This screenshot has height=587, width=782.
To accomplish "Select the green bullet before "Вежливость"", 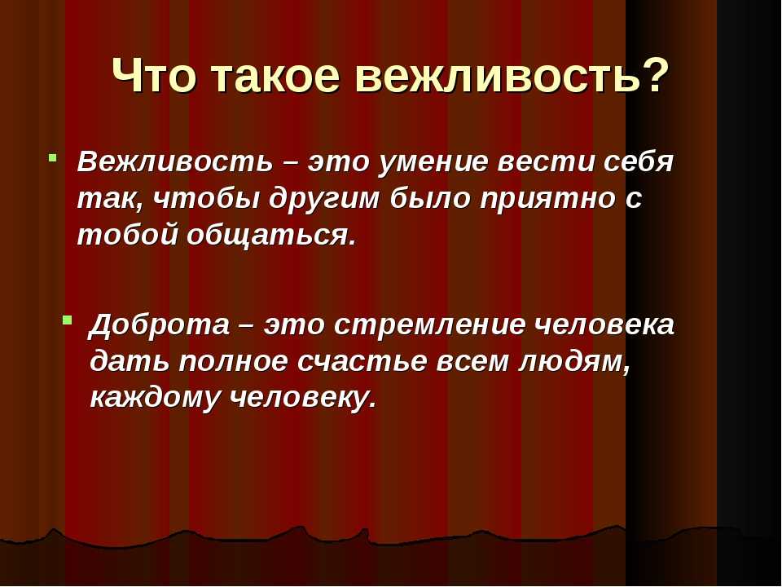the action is (x=52, y=157).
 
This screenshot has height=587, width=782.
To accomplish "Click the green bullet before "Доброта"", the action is (x=68, y=320).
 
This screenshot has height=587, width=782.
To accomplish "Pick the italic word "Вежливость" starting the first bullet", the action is (x=175, y=161).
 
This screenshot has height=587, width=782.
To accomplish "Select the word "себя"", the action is (x=639, y=161).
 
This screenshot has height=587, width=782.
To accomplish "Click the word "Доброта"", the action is (x=160, y=324).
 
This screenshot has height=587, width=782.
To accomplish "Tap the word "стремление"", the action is (x=429, y=325).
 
